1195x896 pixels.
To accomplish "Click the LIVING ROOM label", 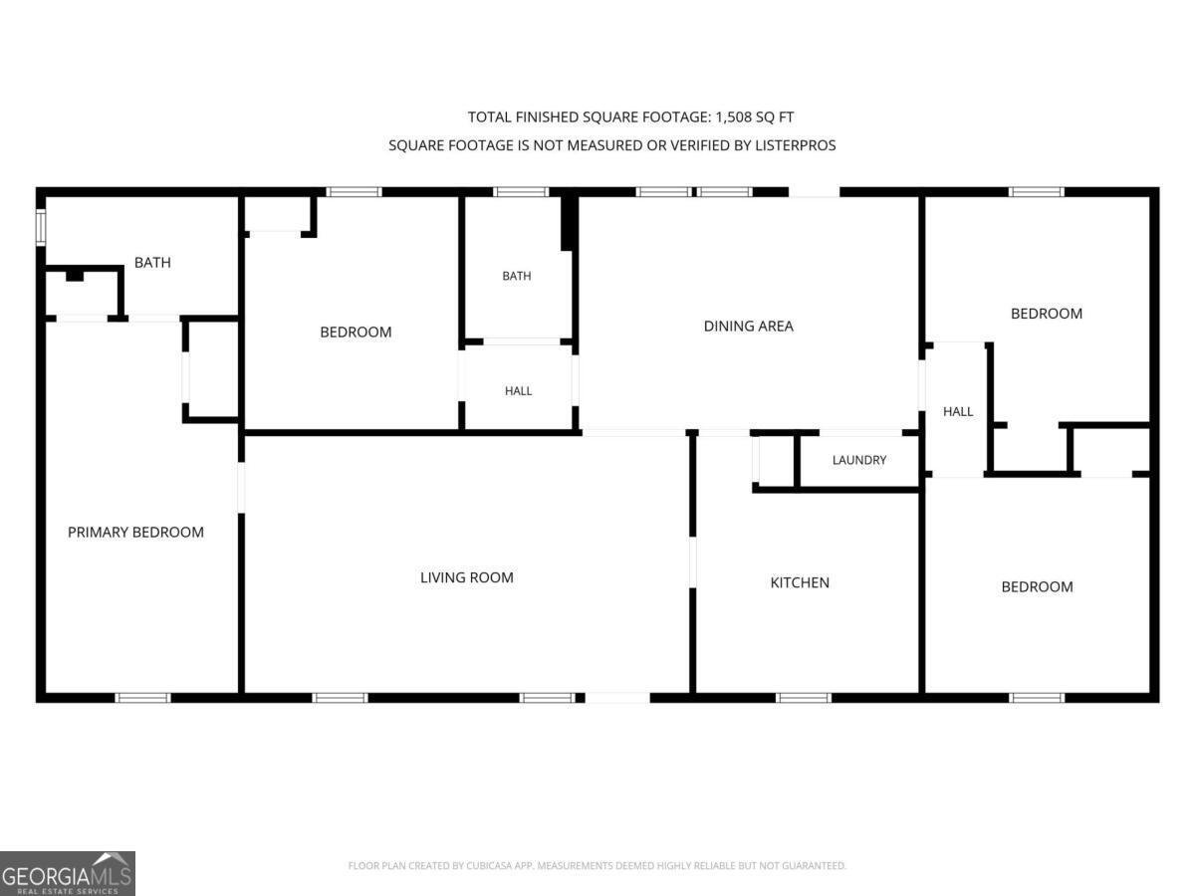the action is pyautogui.click(x=467, y=577).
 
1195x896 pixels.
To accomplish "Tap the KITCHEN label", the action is pyautogui.click(x=800, y=582).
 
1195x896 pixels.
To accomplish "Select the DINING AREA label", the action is pyautogui.click(x=749, y=326).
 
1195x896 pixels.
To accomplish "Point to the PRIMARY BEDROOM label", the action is pyautogui.click(x=135, y=532).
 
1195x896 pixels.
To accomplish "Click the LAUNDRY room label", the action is pyautogui.click(x=859, y=460).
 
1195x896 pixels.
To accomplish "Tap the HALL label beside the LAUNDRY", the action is pyautogui.click(x=958, y=412).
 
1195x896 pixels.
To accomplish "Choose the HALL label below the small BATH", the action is pyautogui.click(x=518, y=391).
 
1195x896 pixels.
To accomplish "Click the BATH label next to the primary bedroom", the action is pyautogui.click(x=152, y=263).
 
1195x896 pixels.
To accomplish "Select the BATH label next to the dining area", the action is pyautogui.click(x=517, y=277).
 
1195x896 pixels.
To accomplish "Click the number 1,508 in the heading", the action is pyautogui.click(x=734, y=116).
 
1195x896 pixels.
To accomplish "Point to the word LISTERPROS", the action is pyautogui.click(x=795, y=145).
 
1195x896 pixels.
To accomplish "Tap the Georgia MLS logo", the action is pyautogui.click(x=68, y=873).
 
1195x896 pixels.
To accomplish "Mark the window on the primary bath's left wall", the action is pyautogui.click(x=41, y=227).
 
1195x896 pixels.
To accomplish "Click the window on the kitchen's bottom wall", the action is pyautogui.click(x=804, y=698).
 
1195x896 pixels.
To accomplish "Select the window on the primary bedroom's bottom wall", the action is pyautogui.click(x=143, y=698).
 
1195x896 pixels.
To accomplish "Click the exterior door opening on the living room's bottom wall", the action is pyautogui.click(x=617, y=698).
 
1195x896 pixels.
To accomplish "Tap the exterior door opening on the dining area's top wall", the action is pyautogui.click(x=814, y=192).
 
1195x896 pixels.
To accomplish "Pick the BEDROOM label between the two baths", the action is pyautogui.click(x=356, y=332).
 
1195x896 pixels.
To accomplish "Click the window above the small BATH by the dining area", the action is pyautogui.click(x=521, y=192).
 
